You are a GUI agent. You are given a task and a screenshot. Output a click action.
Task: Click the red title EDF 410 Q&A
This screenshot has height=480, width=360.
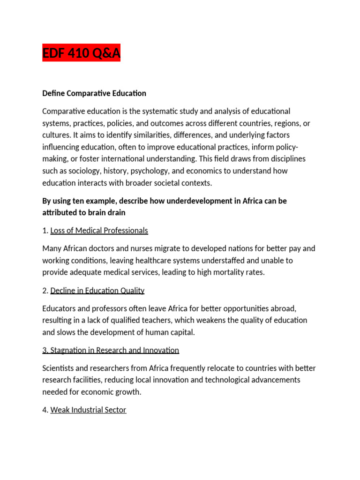click(x=81, y=54)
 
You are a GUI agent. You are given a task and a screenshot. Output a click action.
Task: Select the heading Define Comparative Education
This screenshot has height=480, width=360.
click(x=94, y=93)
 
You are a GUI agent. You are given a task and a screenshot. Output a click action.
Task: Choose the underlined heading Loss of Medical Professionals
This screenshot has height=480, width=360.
click(x=99, y=231)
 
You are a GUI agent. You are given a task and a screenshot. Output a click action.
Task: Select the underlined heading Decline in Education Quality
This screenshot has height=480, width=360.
click(x=97, y=291)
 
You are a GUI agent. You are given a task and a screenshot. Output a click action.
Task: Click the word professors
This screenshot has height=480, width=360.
click(x=109, y=308)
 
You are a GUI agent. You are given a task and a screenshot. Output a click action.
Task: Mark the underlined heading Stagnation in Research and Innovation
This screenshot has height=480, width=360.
click(x=111, y=350)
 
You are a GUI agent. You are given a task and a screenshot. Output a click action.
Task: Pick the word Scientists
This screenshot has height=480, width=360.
click(x=59, y=368)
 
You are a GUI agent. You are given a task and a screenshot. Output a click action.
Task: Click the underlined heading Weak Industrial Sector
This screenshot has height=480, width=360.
click(x=88, y=410)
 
